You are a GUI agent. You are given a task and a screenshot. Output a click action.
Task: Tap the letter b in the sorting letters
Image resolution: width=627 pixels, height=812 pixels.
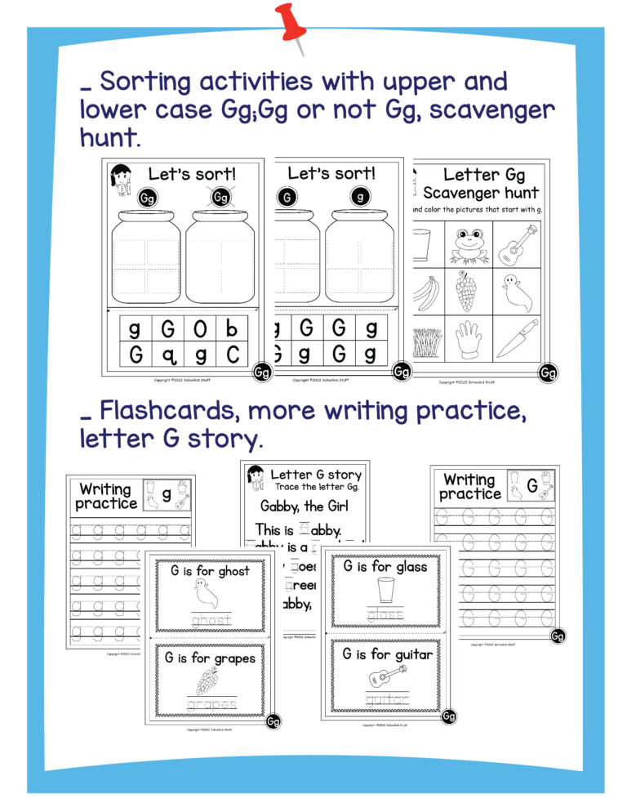point(232,330)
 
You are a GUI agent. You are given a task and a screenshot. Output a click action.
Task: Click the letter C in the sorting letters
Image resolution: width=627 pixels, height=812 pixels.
point(232,355)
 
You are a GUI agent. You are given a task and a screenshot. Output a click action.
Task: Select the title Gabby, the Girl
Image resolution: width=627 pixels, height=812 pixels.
point(305,506)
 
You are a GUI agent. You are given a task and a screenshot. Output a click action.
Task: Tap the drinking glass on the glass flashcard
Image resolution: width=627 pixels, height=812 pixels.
point(385,591)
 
